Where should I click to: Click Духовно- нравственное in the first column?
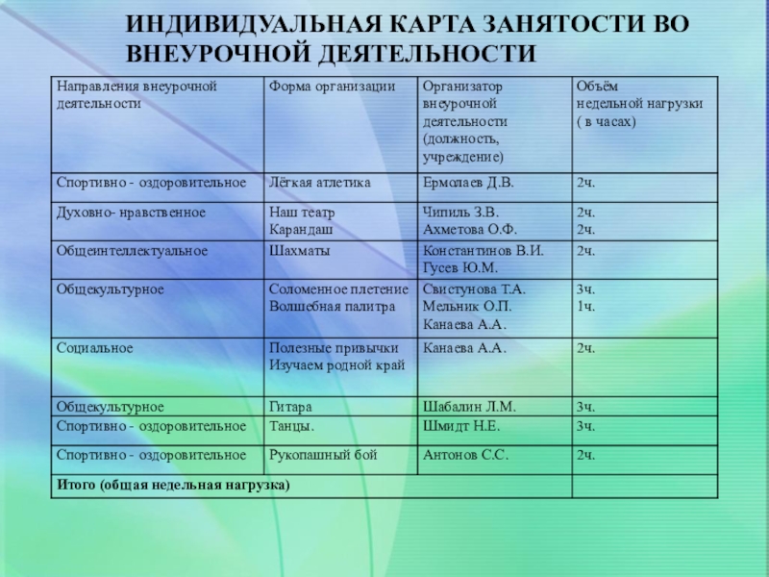pos(131,212)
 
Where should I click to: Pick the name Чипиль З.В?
pos(461,212)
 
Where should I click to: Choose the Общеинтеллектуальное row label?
pos(133,251)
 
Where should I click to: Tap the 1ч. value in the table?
pos(585,307)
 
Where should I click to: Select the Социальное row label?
pos(94,347)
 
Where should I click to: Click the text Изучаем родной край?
pos(337,365)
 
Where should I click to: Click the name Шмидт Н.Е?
pos(461,425)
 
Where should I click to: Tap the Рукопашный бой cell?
pos(323,455)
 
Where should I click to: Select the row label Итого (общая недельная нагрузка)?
pos(174,485)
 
